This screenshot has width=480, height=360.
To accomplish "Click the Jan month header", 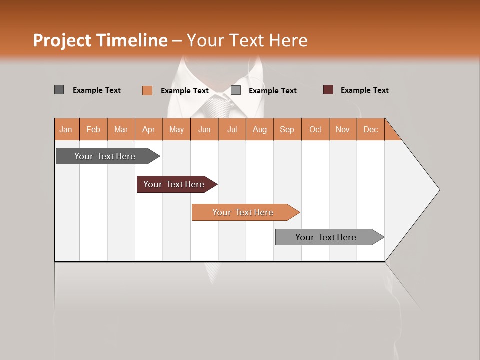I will pyautogui.click(x=66, y=129).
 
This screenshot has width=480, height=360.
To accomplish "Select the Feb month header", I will pyautogui.click(x=93, y=129).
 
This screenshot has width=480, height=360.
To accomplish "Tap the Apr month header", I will pyautogui.click(x=148, y=129).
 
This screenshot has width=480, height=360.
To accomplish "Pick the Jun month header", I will pyautogui.click(x=204, y=129).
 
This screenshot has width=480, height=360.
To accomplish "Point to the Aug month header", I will pyautogui.click(x=259, y=129).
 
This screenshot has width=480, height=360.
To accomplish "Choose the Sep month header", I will pyautogui.click(x=287, y=129).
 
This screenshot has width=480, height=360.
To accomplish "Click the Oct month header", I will pyautogui.click(x=315, y=129).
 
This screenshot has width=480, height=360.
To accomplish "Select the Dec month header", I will pyautogui.click(x=370, y=129).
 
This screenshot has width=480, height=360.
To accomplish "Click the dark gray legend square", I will pyautogui.click(x=59, y=90).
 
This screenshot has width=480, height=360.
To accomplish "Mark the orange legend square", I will pyautogui.click(x=147, y=90).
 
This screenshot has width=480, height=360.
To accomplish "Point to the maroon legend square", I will pyautogui.click(x=328, y=90).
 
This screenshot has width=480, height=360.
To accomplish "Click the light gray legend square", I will pyautogui.click(x=236, y=90).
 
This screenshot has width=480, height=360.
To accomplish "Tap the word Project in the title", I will pyautogui.click(x=62, y=40).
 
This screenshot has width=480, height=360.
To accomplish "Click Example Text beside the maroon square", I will pyautogui.click(x=364, y=90).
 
